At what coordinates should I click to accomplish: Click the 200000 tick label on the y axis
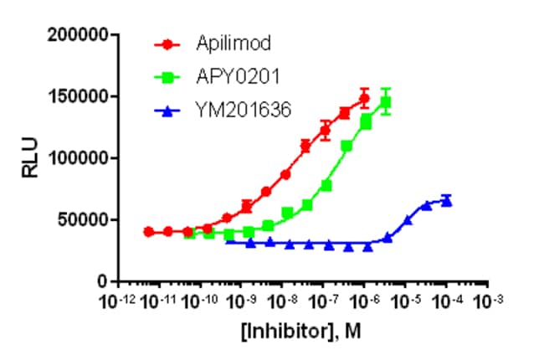[80, 35]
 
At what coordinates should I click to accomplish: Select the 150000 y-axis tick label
[80, 96]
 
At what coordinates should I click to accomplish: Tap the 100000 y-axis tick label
[80, 158]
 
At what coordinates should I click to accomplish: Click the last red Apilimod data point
[364, 99]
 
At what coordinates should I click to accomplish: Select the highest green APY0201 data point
[386, 102]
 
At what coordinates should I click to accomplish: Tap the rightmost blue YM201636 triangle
[447, 201]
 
